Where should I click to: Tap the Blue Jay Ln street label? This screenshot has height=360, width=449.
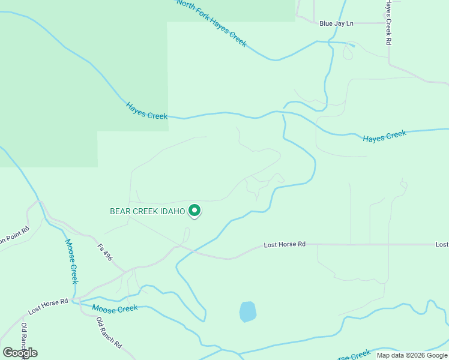336,23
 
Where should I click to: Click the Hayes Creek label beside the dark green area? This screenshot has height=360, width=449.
146,110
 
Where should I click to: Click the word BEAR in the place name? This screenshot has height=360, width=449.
121,211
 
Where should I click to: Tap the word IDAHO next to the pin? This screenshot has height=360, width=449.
172,211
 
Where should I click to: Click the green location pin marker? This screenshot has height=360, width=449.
194,211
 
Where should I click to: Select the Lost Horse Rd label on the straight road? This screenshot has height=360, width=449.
285,245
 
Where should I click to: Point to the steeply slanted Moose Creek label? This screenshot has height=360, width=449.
71,262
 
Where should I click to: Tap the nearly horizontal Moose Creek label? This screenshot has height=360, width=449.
115,308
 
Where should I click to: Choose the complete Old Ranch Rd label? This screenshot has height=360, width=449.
109,334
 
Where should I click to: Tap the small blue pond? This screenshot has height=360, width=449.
248,312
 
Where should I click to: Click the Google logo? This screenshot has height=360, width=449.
20,353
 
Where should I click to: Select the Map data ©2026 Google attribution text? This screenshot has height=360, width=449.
412,355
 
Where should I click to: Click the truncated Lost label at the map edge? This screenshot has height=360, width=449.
442,245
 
